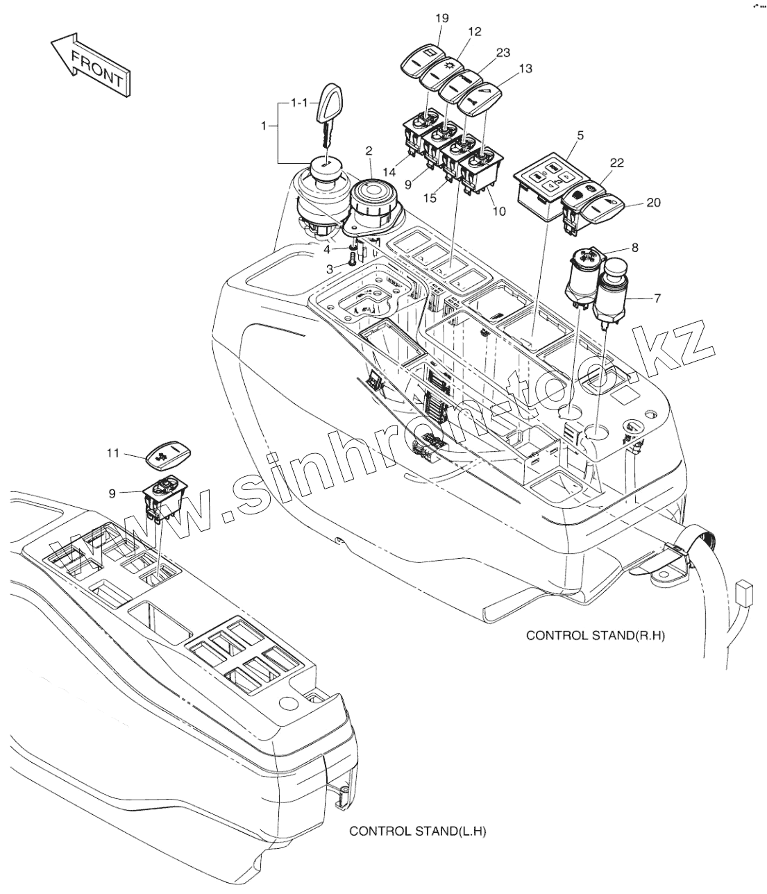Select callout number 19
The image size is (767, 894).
(x=442, y=18)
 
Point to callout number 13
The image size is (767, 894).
(x=525, y=68)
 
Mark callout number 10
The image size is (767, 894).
(x=498, y=210)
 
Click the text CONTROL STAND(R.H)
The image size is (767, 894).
(x=595, y=634)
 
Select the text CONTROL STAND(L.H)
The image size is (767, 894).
(x=417, y=831)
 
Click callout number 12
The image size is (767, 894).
(x=474, y=31)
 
